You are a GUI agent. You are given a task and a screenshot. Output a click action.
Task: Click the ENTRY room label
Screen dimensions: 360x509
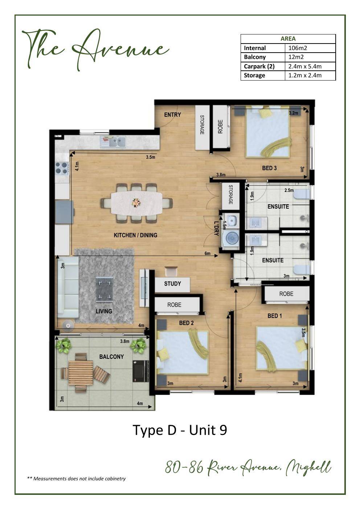click(x=172, y=115)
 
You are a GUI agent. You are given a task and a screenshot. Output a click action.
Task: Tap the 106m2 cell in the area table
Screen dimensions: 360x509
click(x=298, y=48)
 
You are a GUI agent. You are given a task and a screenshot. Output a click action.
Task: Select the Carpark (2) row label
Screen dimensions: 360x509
click(x=259, y=66)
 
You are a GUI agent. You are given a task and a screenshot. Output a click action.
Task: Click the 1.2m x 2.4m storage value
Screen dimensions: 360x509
click(x=305, y=75)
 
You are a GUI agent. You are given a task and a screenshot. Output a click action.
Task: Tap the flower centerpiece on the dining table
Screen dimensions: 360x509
click(x=136, y=202)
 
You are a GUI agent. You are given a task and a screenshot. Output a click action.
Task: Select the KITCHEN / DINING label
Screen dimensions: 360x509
click(x=135, y=235)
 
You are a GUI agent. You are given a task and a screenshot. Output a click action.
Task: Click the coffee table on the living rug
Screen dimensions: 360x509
click(x=104, y=290)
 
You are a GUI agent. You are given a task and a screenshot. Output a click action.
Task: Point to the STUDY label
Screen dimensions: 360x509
click(x=172, y=284)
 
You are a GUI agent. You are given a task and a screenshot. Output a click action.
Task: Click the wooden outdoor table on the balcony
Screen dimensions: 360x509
click(x=81, y=373)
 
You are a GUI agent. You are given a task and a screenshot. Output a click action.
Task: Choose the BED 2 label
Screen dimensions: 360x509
click(x=187, y=323)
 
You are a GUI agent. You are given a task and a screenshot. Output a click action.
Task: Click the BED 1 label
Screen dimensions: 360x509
click(x=275, y=316)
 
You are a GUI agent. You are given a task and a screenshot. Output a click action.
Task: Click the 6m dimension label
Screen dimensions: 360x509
click(x=207, y=253)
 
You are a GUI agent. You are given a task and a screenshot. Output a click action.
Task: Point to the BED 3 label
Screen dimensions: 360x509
click(x=269, y=168)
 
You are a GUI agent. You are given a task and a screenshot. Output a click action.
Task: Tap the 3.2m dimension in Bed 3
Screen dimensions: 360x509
click(x=294, y=113)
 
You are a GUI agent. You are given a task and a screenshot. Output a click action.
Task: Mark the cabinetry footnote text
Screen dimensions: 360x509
click(x=76, y=479)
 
